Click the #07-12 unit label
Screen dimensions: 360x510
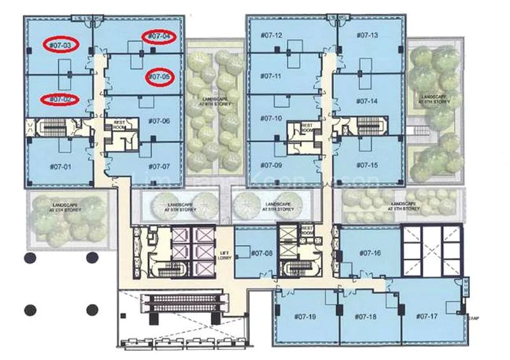coord(270,36)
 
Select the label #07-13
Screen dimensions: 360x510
coord(367,36)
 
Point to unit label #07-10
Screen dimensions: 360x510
coord(270,118)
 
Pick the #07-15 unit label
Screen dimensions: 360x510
coord(367,166)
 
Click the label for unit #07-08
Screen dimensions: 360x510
coord(261,254)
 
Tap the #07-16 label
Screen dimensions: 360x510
coord(369,254)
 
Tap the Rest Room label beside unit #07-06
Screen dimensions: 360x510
coord(119,125)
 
